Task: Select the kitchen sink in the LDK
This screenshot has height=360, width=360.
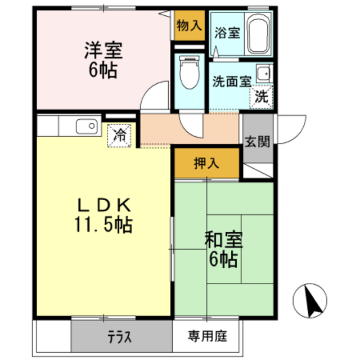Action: pyautogui.click(x=86, y=126)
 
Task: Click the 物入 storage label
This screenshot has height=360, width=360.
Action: pyautogui.click(x=188, y=25)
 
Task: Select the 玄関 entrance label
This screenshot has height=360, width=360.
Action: pyautogui.click(x=258, y=141)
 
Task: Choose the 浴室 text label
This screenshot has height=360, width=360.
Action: pyautogui.click(x=227, y=33)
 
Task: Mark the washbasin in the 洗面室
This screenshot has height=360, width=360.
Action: pyautogui.click(x=263, y=73)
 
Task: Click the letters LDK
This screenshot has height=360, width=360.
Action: pyautogui.click(x=103, y=204)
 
